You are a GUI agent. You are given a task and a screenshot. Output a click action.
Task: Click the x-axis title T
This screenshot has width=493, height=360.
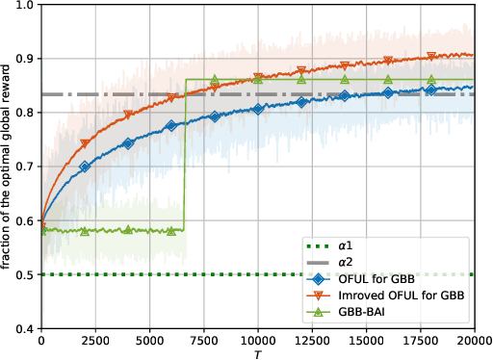[x=257, y=353]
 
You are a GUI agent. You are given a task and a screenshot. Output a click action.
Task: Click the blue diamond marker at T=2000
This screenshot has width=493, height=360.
[x=85, y=167]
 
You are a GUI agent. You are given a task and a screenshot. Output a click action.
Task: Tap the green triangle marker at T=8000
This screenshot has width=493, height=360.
[x=215, y=80]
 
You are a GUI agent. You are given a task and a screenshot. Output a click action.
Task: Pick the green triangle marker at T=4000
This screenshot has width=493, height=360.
[x=128, y=230]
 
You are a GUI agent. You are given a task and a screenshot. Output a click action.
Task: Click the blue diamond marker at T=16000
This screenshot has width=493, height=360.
[x=387, y=93]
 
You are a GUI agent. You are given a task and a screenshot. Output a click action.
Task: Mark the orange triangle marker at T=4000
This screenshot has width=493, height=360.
[x=128, y=116]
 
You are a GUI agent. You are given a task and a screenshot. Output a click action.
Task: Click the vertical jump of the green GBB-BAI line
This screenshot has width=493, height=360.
[x=184, y=154]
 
